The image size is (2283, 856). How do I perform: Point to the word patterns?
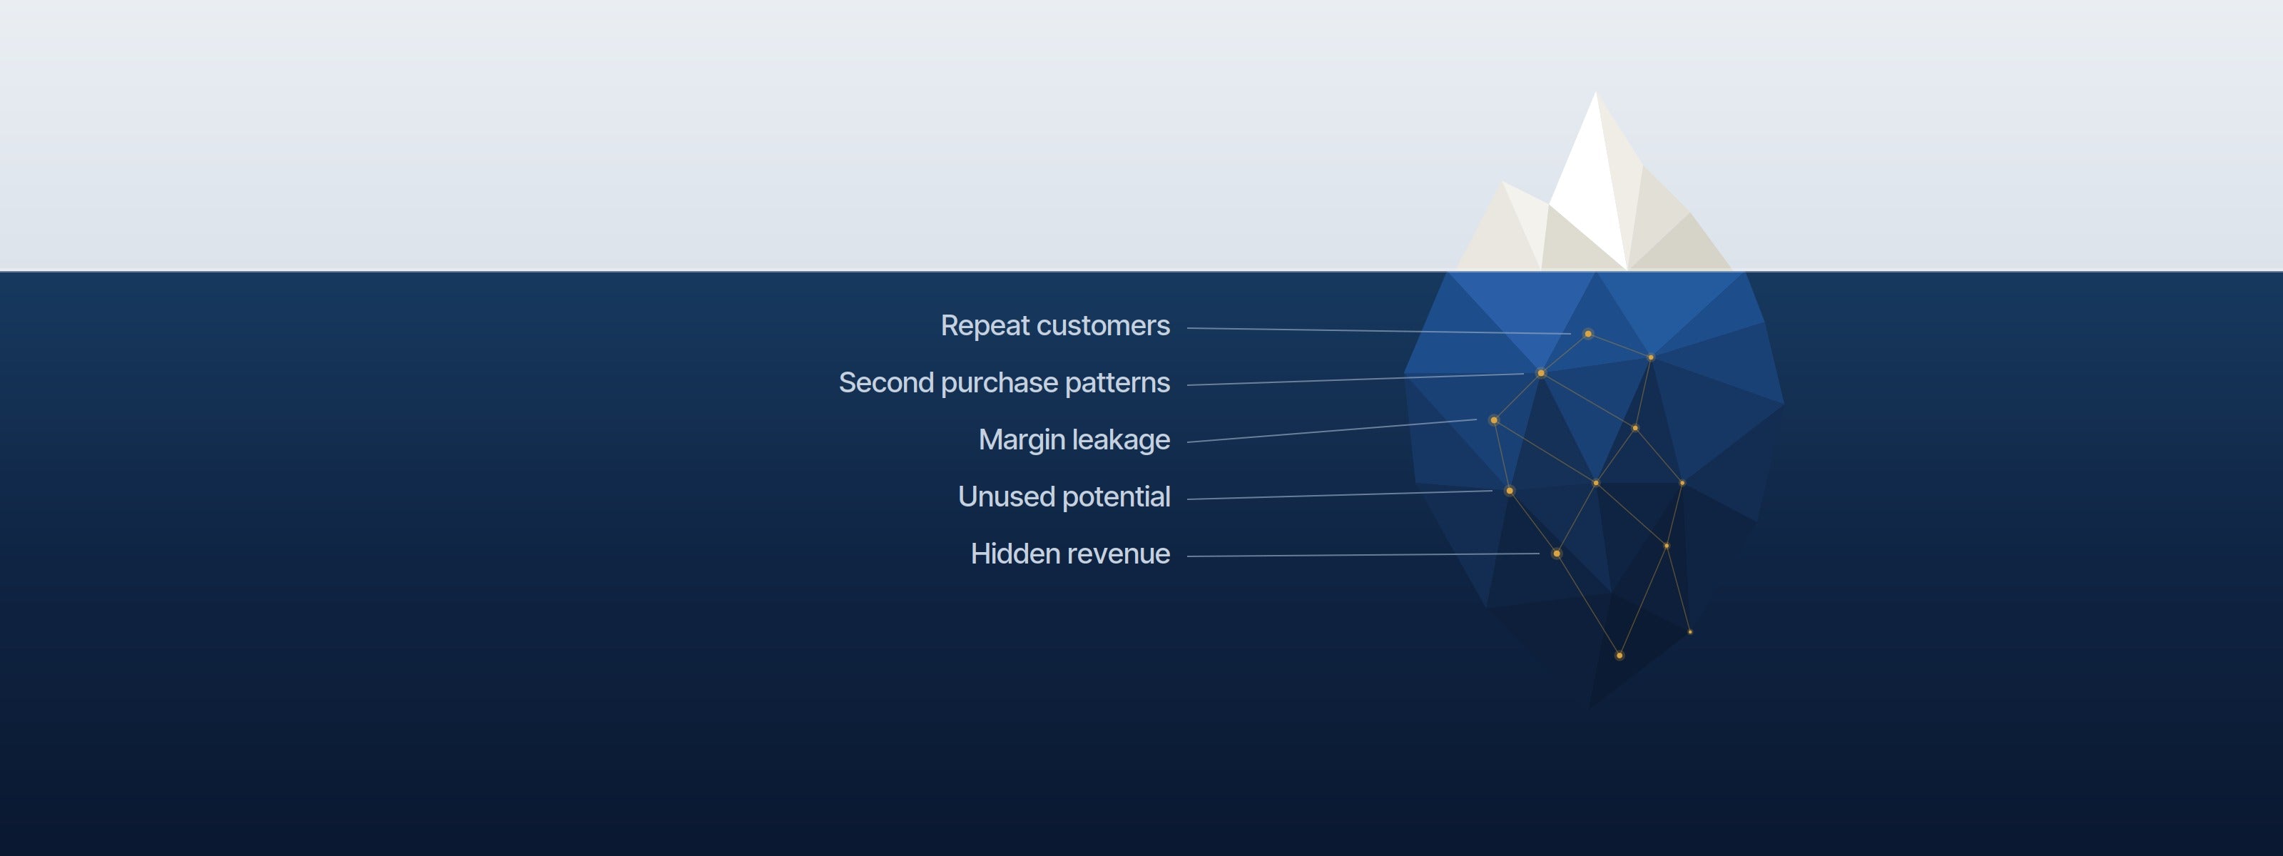[x=1117, y=384]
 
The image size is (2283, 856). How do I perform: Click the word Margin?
[x=1021, y=440]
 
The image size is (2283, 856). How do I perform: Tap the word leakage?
[x=1121, y=440]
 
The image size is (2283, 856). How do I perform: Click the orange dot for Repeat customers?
[x=1588, y=334]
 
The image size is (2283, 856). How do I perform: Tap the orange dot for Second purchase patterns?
[x=1541, y=373]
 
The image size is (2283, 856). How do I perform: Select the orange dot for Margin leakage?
[x=1494, y=420]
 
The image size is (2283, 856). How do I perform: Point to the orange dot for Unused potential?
[x=1510, y=491]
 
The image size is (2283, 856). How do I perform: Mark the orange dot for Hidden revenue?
[x=1556, y=554]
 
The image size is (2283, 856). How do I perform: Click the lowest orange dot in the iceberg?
[x=1620, y=656]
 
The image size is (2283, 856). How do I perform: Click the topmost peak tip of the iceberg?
[x=1596, y=91]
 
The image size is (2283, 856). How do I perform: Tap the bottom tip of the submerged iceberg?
[x=1588, y=710]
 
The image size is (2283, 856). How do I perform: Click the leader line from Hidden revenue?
[x=1363, y=555]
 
